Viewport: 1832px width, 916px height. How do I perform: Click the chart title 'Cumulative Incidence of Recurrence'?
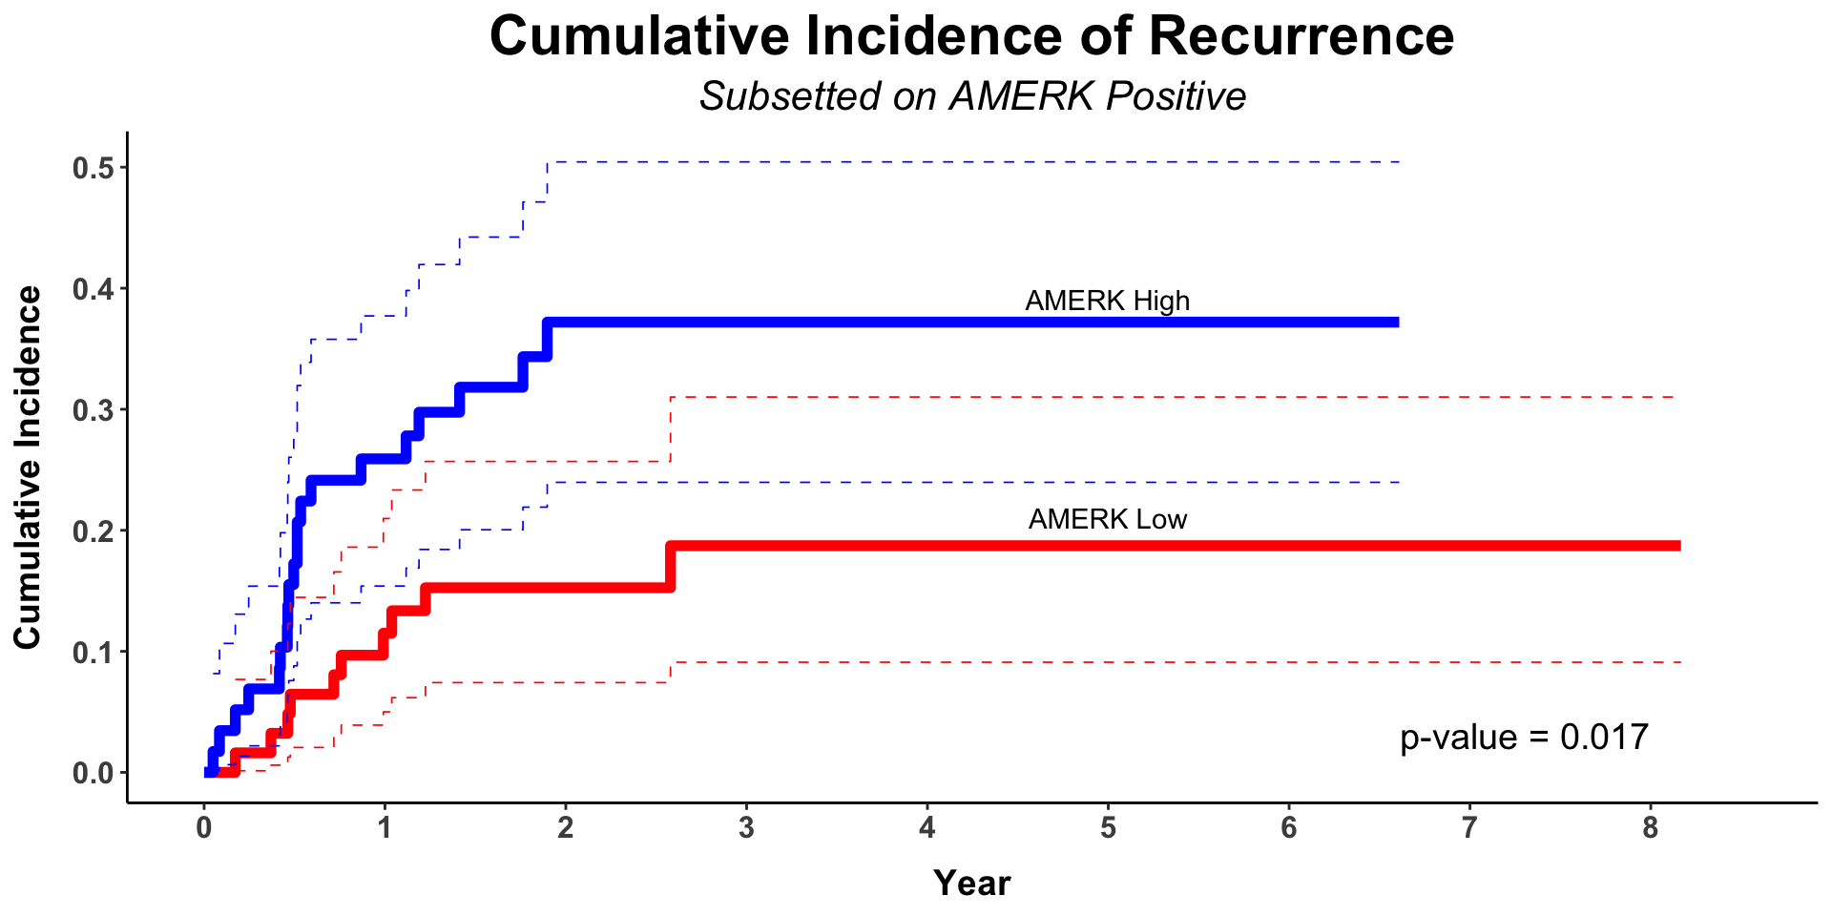[971, 37]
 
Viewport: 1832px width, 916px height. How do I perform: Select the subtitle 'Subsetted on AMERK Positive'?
[972, 96]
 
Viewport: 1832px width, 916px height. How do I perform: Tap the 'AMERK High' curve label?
[1107, 301]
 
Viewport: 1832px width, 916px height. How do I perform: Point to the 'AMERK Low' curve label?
[1107, 519]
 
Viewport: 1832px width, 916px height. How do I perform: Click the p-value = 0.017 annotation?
[1524, 738]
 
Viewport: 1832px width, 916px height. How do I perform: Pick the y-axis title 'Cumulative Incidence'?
[28, 468]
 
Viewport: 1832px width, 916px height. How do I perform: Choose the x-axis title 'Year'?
[971, 884]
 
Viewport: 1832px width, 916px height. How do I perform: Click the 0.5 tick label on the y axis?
[93, 169]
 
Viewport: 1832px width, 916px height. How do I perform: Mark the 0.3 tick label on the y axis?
[93, 410]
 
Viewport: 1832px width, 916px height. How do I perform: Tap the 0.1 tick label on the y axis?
[93, 652]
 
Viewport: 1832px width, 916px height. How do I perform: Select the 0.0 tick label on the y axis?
[93, 773]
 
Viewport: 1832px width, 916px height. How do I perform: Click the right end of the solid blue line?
[1398, 323]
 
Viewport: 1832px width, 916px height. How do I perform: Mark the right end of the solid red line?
[1679, 546]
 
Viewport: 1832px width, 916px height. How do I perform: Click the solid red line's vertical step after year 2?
[671, 567]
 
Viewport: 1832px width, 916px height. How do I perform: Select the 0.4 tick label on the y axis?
[93, 289]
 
